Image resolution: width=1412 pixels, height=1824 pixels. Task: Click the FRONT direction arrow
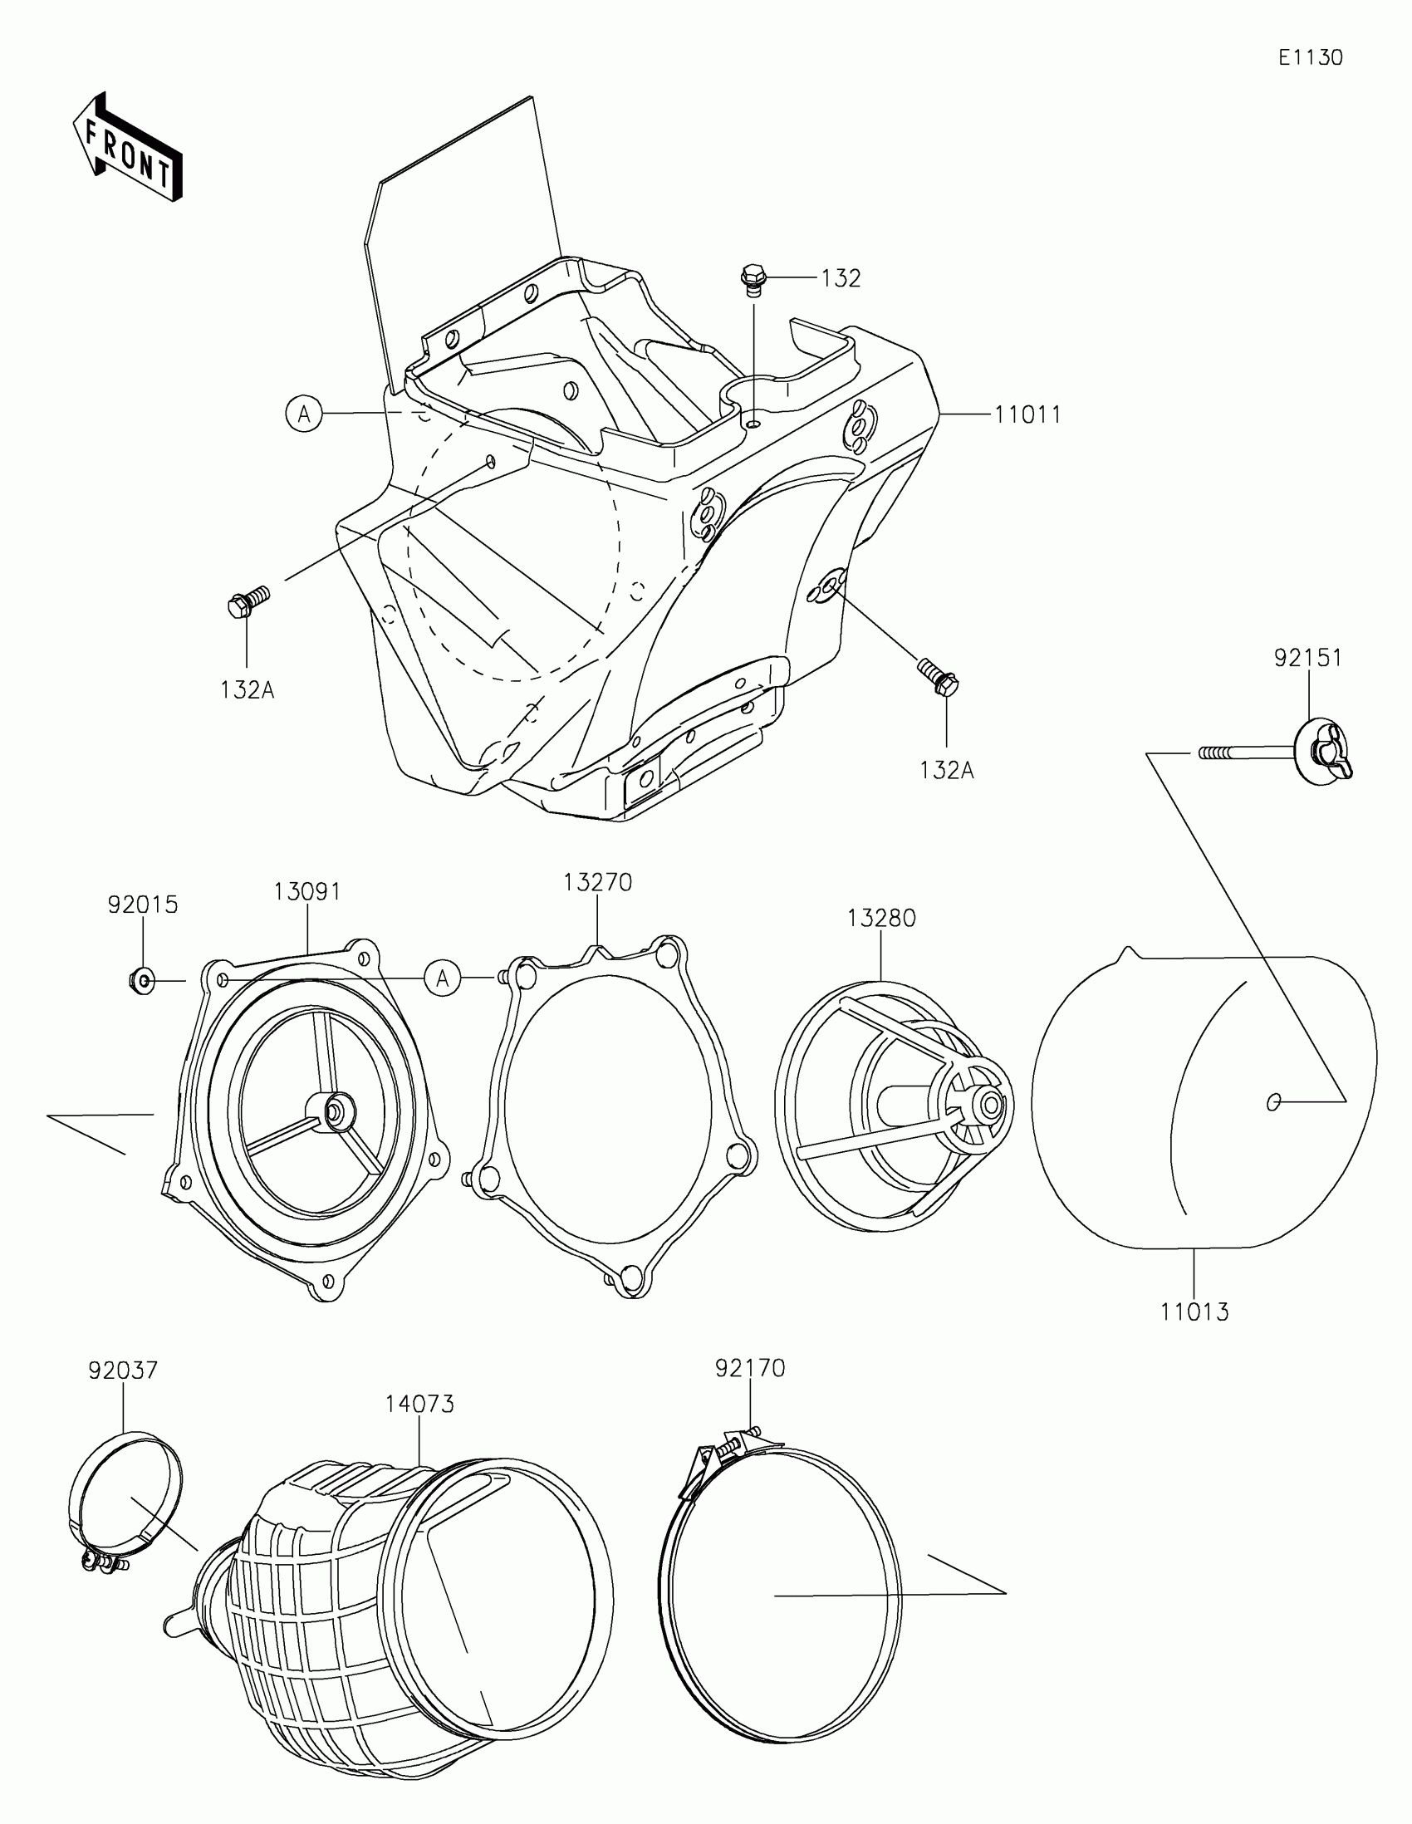tap(128, 148)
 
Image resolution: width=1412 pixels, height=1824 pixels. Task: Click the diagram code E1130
tap(1310, 57)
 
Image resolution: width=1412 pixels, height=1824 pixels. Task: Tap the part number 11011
tap(1027, 415)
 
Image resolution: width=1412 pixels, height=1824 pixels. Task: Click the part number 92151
tap(1307, 658)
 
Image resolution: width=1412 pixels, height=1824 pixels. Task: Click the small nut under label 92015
tap(141, 979)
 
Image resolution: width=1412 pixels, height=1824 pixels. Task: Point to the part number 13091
tap(307, 892)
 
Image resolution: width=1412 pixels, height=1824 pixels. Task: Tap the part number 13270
tap(597, 882)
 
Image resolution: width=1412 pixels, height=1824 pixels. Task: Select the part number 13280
tap(881, 918)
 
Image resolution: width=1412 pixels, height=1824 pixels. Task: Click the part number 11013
tap(1194, 1312)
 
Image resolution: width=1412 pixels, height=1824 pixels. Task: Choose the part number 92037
tap(124, 1370)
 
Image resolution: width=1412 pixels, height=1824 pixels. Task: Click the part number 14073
tap(419, 1404)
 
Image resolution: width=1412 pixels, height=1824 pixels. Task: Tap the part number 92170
tap(750, 1368)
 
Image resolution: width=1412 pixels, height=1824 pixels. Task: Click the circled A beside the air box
tap(305, 414)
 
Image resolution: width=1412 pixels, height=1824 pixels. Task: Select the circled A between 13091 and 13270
tap(443, 978)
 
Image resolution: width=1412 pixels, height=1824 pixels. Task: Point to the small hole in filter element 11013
tap(1273, 1102)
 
